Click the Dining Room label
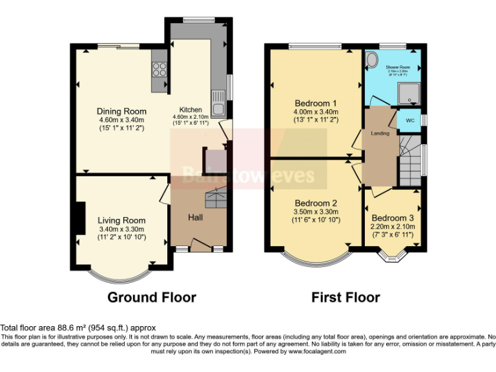pos(121,111)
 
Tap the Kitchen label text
pos(191,110)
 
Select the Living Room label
pos(121,220)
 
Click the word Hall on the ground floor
pos(196,217)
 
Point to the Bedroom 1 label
pos(315,103)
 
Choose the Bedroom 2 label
pos(315,203)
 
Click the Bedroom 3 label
pos(393,218)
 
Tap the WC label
pos(409,120)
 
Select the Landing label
pos(380,134)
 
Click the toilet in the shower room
pos(371,61)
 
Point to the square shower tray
pos(409,94)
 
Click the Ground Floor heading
pos(151,297)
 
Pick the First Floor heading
pos(346,297)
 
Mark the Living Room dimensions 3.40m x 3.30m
pos(121,229)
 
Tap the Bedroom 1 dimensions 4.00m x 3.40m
pos(315,112)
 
